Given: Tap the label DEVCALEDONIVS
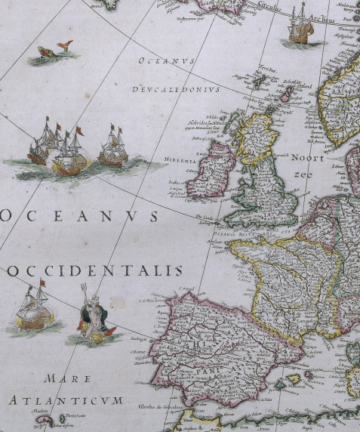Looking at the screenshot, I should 174,89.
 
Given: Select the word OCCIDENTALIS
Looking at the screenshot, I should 96,270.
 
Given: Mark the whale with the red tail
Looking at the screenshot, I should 54,53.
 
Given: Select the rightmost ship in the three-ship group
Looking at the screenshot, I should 113,150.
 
